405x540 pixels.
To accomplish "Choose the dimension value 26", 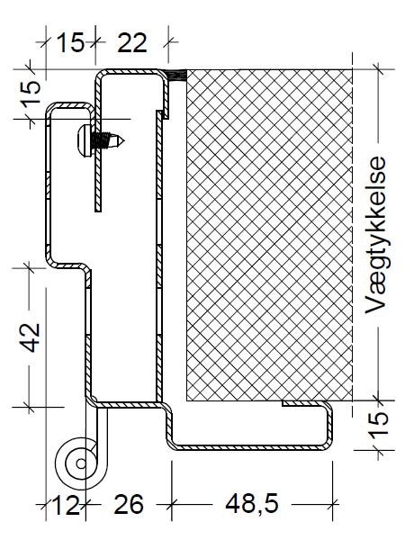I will click(129, 506).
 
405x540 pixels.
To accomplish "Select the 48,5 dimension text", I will click(238, 506).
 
